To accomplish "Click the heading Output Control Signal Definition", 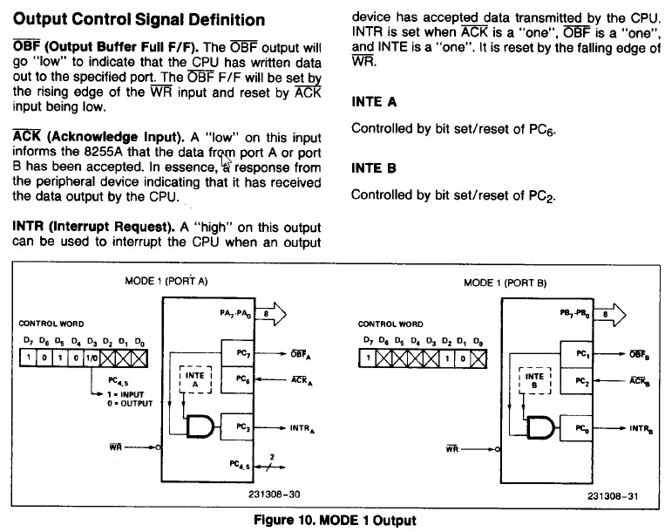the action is tap(139, 20).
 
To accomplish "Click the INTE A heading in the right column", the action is tap(374, 102).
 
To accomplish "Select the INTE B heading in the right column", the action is tap(374, 168).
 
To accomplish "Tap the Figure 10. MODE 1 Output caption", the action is tap(335, 520).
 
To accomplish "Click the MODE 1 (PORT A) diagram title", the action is tap(166, 282).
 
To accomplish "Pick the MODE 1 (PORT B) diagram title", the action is tap(506, 283).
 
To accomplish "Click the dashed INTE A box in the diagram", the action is tap(195, 379).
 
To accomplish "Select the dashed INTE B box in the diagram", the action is tap(534, 380).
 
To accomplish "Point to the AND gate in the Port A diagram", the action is tap(200, 426).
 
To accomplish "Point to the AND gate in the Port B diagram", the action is tap(540, 427).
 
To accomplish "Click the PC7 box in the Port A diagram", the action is tap(237, 353).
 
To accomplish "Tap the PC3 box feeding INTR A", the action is tap(237, 426).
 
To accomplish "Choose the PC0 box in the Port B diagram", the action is tap(577, 428).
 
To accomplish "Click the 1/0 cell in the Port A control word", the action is tap(92, 358).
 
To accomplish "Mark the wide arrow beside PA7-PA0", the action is tap(270, 314).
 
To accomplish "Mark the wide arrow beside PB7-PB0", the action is tap(610, 315).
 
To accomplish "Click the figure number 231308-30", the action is tap(275, 494).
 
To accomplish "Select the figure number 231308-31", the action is tap(613, 496).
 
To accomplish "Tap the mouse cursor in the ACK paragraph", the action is tap(226, 160).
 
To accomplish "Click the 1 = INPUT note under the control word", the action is tap(126, 394).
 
